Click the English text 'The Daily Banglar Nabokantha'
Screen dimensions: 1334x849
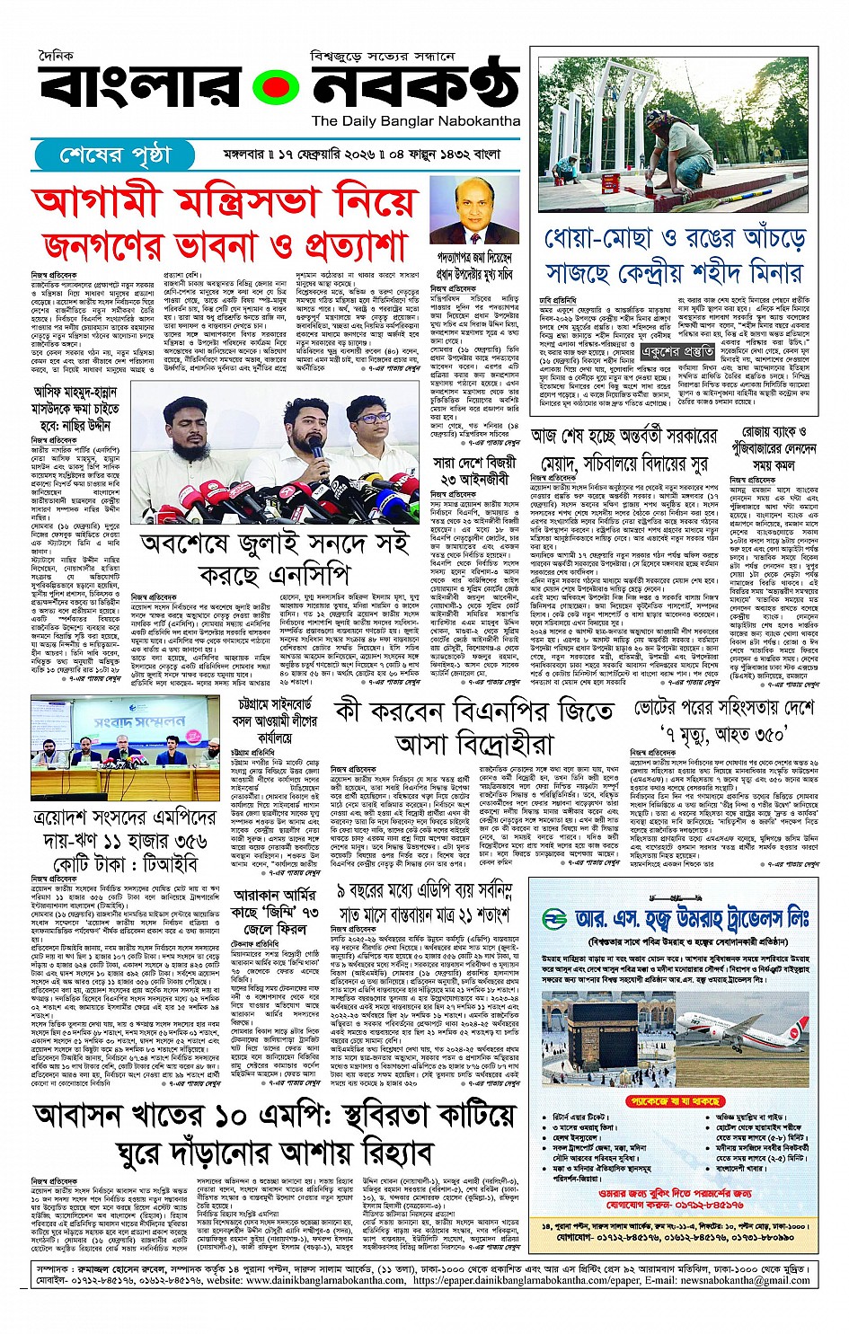(x=416, y=120)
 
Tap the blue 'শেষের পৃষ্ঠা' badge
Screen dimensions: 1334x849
(x=114, y=155)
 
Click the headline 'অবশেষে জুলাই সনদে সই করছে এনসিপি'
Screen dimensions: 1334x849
(x=274, y=560)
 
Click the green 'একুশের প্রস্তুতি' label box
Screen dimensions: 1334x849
(x=677, y=351)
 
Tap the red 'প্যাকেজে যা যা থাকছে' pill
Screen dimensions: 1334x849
(x=675, y=1100)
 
